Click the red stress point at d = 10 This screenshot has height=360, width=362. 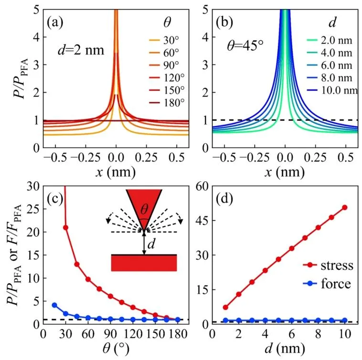[344, 207]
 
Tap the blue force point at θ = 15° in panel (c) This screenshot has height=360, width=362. [54, 305]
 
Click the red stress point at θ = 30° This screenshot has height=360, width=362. [65, 227]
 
